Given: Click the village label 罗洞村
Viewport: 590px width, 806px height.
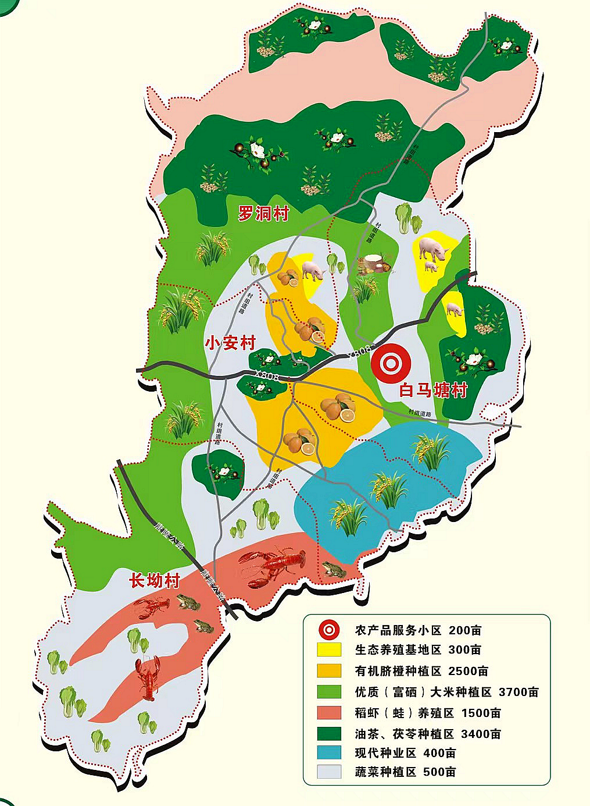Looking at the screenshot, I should tap(263, 214).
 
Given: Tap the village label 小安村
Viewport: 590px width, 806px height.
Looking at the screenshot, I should tap(230, 342).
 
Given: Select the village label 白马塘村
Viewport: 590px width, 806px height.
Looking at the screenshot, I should tap(433, 389).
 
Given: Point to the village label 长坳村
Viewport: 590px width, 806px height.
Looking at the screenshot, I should tap(154, 580).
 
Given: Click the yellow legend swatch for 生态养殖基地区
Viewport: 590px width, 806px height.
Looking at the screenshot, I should tap(329, 649).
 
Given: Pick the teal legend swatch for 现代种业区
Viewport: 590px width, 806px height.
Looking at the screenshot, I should tap(329, 752).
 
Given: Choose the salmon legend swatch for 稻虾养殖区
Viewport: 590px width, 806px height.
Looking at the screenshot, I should tap(329, 712).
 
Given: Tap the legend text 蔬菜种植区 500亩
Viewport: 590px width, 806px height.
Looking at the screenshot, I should tap(405, 772).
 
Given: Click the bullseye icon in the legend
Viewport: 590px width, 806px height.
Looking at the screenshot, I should tap(329, 630).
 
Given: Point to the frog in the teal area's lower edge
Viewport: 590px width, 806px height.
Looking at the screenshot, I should tap(335, 570).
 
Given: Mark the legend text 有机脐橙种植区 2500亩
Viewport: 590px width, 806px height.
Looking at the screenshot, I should tap(421, 671).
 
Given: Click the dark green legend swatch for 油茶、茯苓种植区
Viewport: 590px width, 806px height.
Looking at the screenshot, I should tap(329, 733).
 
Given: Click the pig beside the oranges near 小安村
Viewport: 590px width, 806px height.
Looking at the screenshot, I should tap(313, 271).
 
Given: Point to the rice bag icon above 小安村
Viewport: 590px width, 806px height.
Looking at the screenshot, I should tap(375, 265).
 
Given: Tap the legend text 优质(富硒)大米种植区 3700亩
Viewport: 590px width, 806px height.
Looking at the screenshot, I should tap(446, 692).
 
